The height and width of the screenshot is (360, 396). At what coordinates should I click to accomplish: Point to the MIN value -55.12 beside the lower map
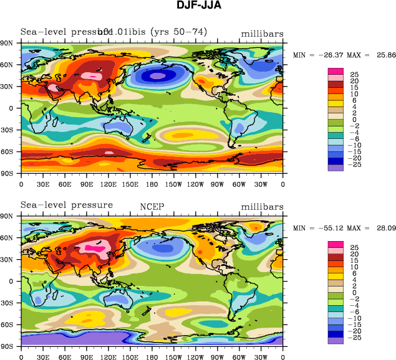[321, 229]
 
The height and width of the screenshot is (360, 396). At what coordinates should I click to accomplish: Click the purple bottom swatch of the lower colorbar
[336, 340]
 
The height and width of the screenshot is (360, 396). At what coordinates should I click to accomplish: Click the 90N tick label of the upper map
[11, 43]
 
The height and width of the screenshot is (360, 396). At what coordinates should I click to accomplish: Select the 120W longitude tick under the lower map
[196, 357]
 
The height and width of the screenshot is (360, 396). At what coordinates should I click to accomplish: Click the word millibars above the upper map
[261, 33]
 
